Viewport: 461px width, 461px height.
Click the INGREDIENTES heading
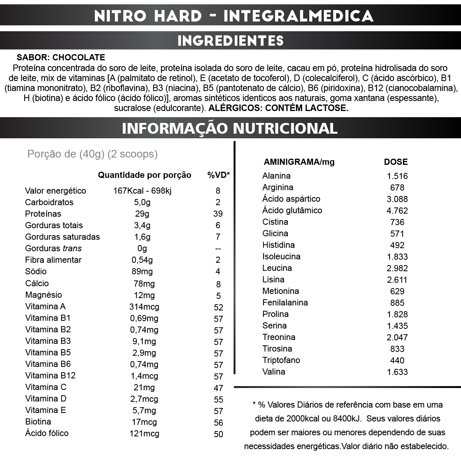click(x=230, y=41)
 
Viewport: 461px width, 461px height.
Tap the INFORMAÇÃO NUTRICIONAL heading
click(x=230, y=128)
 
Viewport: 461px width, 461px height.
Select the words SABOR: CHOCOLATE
click(x=61, y=58)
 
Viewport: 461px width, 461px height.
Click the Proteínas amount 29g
click(x=142, y=214)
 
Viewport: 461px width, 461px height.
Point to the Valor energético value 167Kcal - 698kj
click(x=142, y=191)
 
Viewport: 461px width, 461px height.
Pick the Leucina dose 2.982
click(x=397, y=268)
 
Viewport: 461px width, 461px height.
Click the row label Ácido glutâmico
click(x=292, y=211)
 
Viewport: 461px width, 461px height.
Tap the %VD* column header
click(x=218, y=175)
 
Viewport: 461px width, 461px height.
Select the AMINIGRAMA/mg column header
click(x=299, y=162)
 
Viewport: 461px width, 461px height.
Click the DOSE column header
click(x=396, y=162)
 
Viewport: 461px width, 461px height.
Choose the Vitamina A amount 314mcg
click(x=144, y=307)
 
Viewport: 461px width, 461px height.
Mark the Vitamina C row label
click(x=46, y=387)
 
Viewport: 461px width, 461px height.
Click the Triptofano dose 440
click(x=397, y=360)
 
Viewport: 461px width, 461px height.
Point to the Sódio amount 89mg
click(x=142, y=272)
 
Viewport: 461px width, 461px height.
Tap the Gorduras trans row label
click(x=53, y=249)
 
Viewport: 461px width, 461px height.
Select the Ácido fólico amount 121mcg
click(x=144, y=433)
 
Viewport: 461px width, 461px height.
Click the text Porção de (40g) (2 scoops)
click(x=93, y=154)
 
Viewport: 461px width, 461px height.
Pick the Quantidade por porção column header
click(x=144, y=175)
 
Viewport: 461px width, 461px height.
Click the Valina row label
click(x=274, y=372)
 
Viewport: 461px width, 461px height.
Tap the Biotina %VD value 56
click(x=218, y=423)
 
